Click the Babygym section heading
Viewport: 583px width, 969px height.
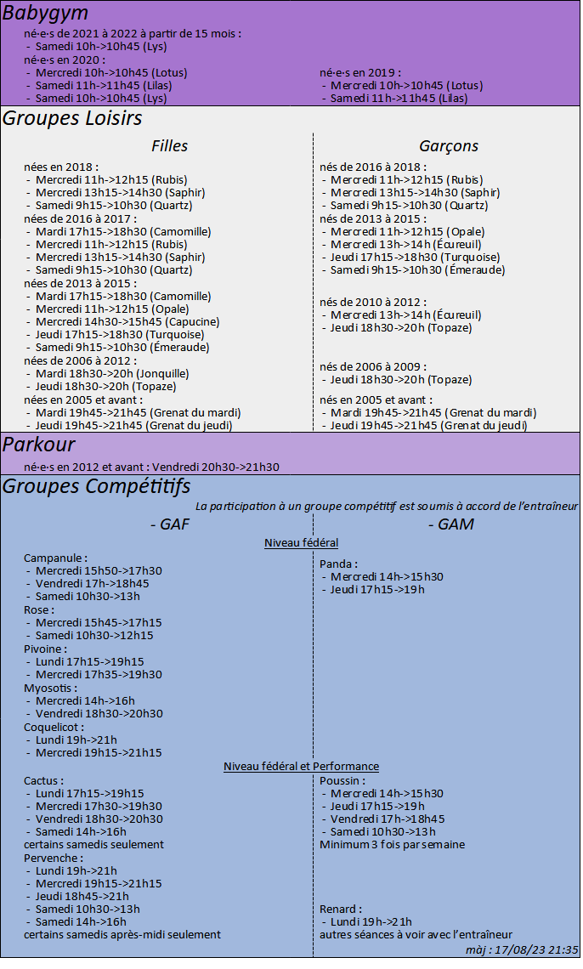pos(45,13)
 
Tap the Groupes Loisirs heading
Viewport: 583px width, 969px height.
pos(72,118)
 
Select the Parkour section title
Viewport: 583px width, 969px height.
pos(39,445)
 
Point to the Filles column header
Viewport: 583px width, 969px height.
pos(169,146)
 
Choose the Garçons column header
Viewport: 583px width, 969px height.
pos(448,146)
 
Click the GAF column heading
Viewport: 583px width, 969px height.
pos(169,524)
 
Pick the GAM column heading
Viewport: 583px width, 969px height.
pos(450,524)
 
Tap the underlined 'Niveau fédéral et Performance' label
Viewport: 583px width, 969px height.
pos(301,767)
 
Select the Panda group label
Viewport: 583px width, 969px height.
pos(338,564)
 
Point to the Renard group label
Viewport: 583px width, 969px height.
pos(341,909)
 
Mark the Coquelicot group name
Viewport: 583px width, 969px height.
pos(54,728)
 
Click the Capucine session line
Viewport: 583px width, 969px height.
pos(127,322)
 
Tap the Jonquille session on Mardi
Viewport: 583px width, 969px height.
pos(112,374)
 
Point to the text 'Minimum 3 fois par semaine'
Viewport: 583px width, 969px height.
pos(392,845)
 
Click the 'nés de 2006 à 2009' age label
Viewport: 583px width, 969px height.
pos(371,366)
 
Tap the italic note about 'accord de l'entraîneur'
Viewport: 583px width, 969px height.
pos(387,506)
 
